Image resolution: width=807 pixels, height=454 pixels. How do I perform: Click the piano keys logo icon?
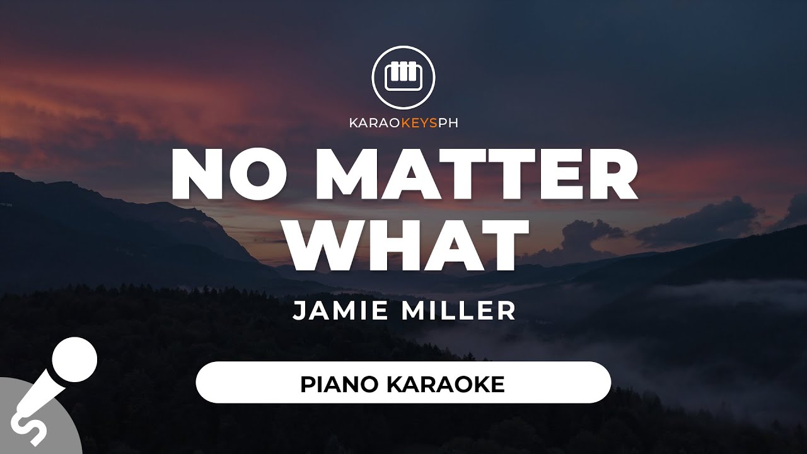pos(403,77)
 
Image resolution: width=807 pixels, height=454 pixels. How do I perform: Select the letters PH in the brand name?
pos(448,123)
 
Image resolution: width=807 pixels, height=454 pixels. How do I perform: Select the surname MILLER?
pos(458,311)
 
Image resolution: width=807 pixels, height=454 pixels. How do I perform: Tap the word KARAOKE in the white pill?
pos(445,385)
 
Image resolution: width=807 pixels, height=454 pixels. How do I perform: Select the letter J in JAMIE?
pos(298,311)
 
